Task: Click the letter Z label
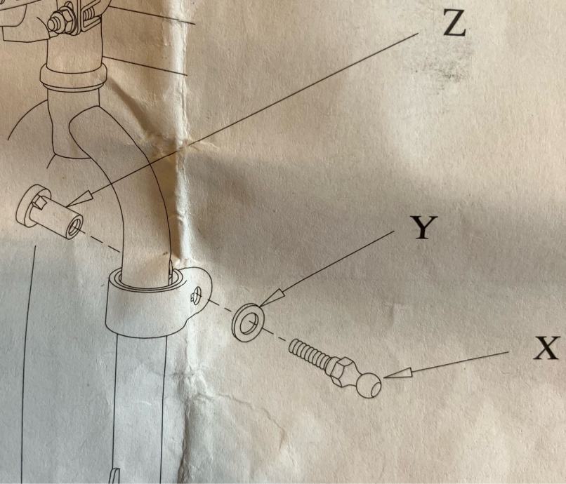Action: pyautogui.click(x=454, y=22)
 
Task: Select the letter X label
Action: pyautogui.click(x=546, y=348)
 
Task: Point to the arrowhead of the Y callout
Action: pyautogui.click(x=272, y=298)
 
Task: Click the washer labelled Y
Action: pyautogui.click(x=248, y=321)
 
